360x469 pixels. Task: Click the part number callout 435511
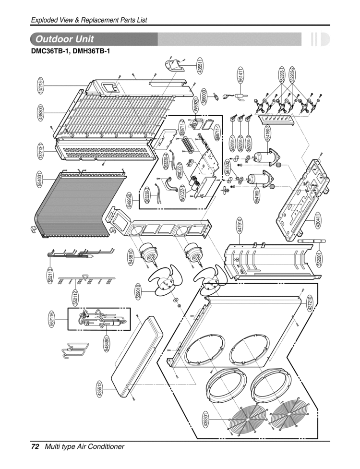point(201,65)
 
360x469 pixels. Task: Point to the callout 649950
point(130,200)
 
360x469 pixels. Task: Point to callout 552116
point(51,320)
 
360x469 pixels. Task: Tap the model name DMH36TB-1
point(91,50)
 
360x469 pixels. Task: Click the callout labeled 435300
point(41,113)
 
